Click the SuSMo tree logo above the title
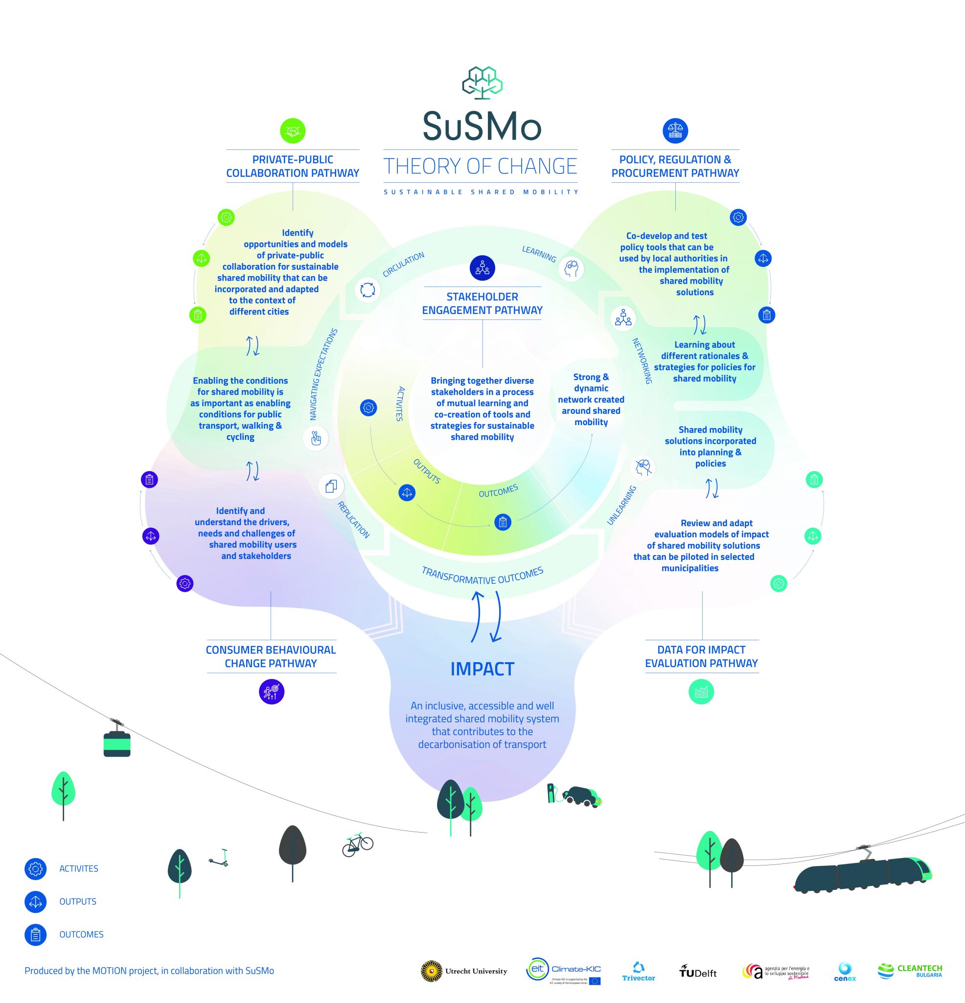pyautogui.click(x=482, y=82)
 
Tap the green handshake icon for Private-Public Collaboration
pyautogui.click(x=293, y=131)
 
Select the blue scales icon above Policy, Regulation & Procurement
pyautogui.click(x=675, y=131)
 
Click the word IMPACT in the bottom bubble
pyautogui.click(x=482, y=669)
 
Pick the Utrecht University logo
pyautogui.click(x=464, y=971)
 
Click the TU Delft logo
pyautogui.click(x=697, y=972)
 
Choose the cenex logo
pyautogui.click(x=845, y=972)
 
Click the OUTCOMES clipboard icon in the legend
pyautogui.click(x=36, y=935)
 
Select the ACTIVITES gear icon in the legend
pyautogui.click(x=36, y=869)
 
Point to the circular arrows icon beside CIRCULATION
pyautogui.click(x=367, y=289)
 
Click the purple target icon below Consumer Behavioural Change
pyautogui.click(x=271, y=692)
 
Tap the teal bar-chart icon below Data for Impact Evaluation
pyautogui.click(x=701, y=692)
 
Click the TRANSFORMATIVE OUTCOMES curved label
pyautogui.click(x=482, y=576)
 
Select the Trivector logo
pyautogui.click(x=638, y=972)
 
